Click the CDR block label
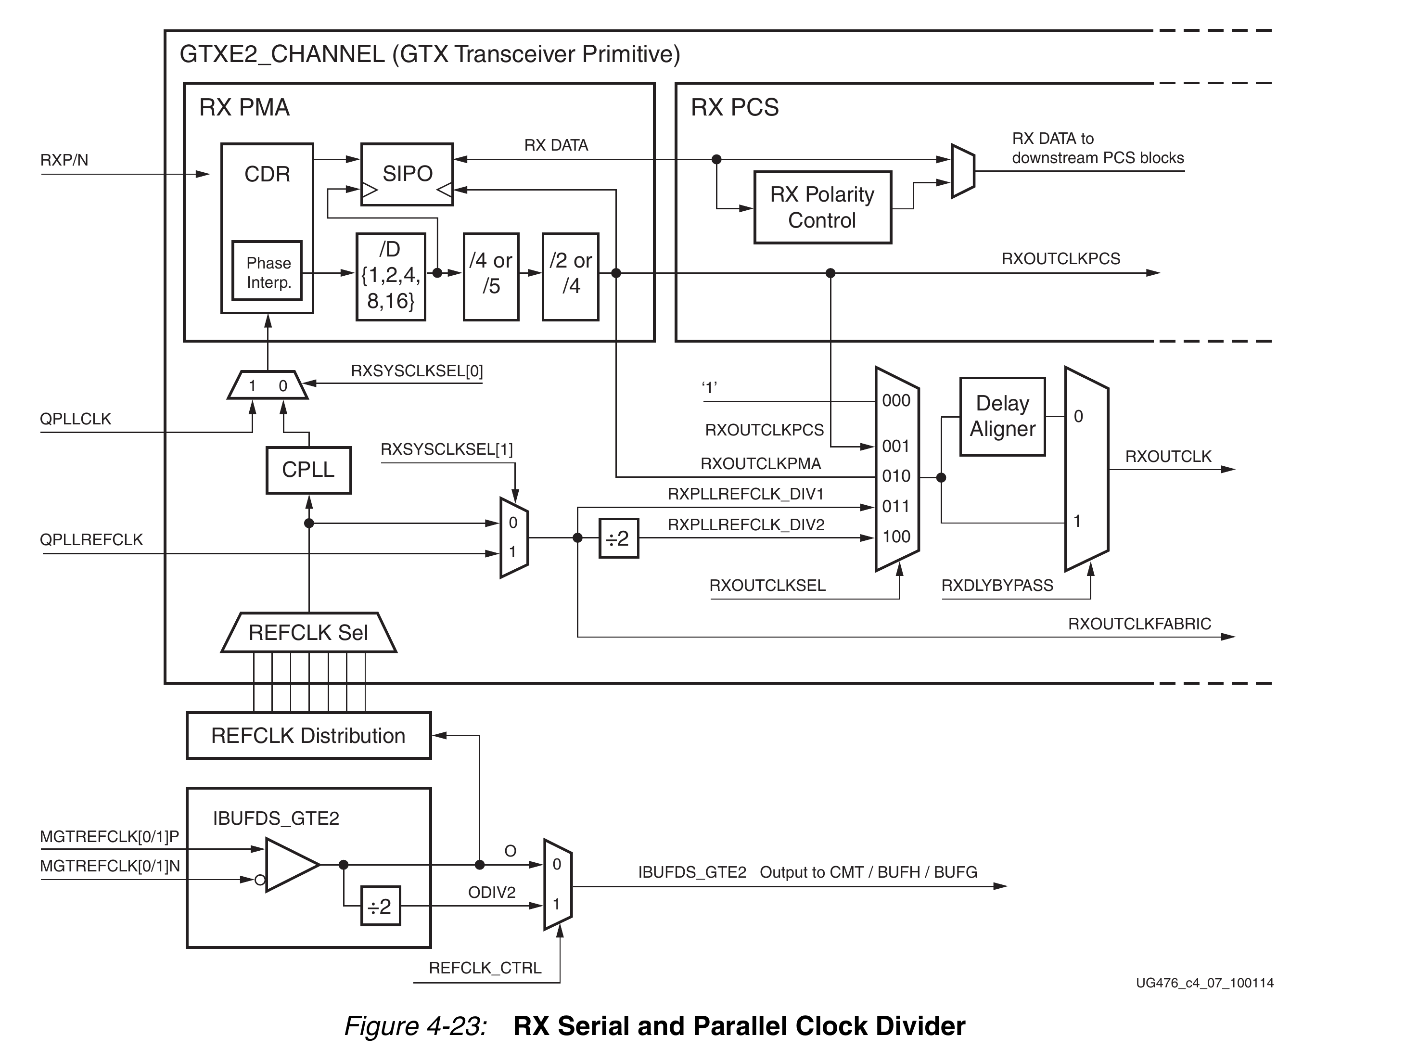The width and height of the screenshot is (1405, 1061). tap(268, 174)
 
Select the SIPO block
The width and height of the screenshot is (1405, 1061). tap(407, 174)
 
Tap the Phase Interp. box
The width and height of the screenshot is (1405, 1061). tap(267, 270)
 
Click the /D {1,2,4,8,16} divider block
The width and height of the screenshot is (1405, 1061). tap(391, 276)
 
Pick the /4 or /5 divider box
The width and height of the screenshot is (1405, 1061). tap(491, 276)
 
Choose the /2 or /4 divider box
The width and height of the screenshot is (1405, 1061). tap(570, 276)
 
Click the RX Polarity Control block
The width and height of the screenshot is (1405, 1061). tap(822, 207)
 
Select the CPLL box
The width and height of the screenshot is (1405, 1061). tap(309, 470)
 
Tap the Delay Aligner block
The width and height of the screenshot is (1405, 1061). tap(1002, 417)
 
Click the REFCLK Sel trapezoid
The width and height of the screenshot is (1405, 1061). tap(309, 633)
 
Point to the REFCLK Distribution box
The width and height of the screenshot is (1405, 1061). tap(309, 736)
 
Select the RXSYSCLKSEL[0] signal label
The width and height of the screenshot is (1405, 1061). tap(417, 371)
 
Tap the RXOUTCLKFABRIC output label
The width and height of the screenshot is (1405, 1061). tap(1139, 624)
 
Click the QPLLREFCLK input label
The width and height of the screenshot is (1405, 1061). tap(91, 540)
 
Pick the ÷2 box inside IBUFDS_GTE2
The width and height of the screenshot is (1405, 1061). tap(381, 906)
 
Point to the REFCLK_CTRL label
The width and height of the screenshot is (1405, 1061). tap(485, 968)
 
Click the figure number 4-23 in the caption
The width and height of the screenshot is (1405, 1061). tap(457, 1026)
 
